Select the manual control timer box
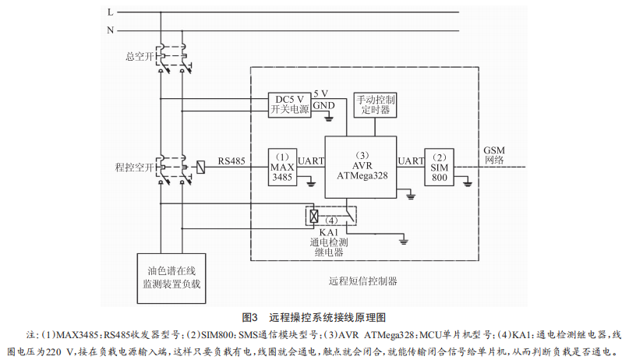376,105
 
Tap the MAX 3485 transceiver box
281,166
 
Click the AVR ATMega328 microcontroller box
361,166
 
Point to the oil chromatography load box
172,278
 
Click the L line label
110,12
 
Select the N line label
110,30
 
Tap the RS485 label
232,161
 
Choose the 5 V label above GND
321,93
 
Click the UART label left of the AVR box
311,161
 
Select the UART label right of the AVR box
410,161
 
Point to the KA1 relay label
328,232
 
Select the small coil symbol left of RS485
201,166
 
